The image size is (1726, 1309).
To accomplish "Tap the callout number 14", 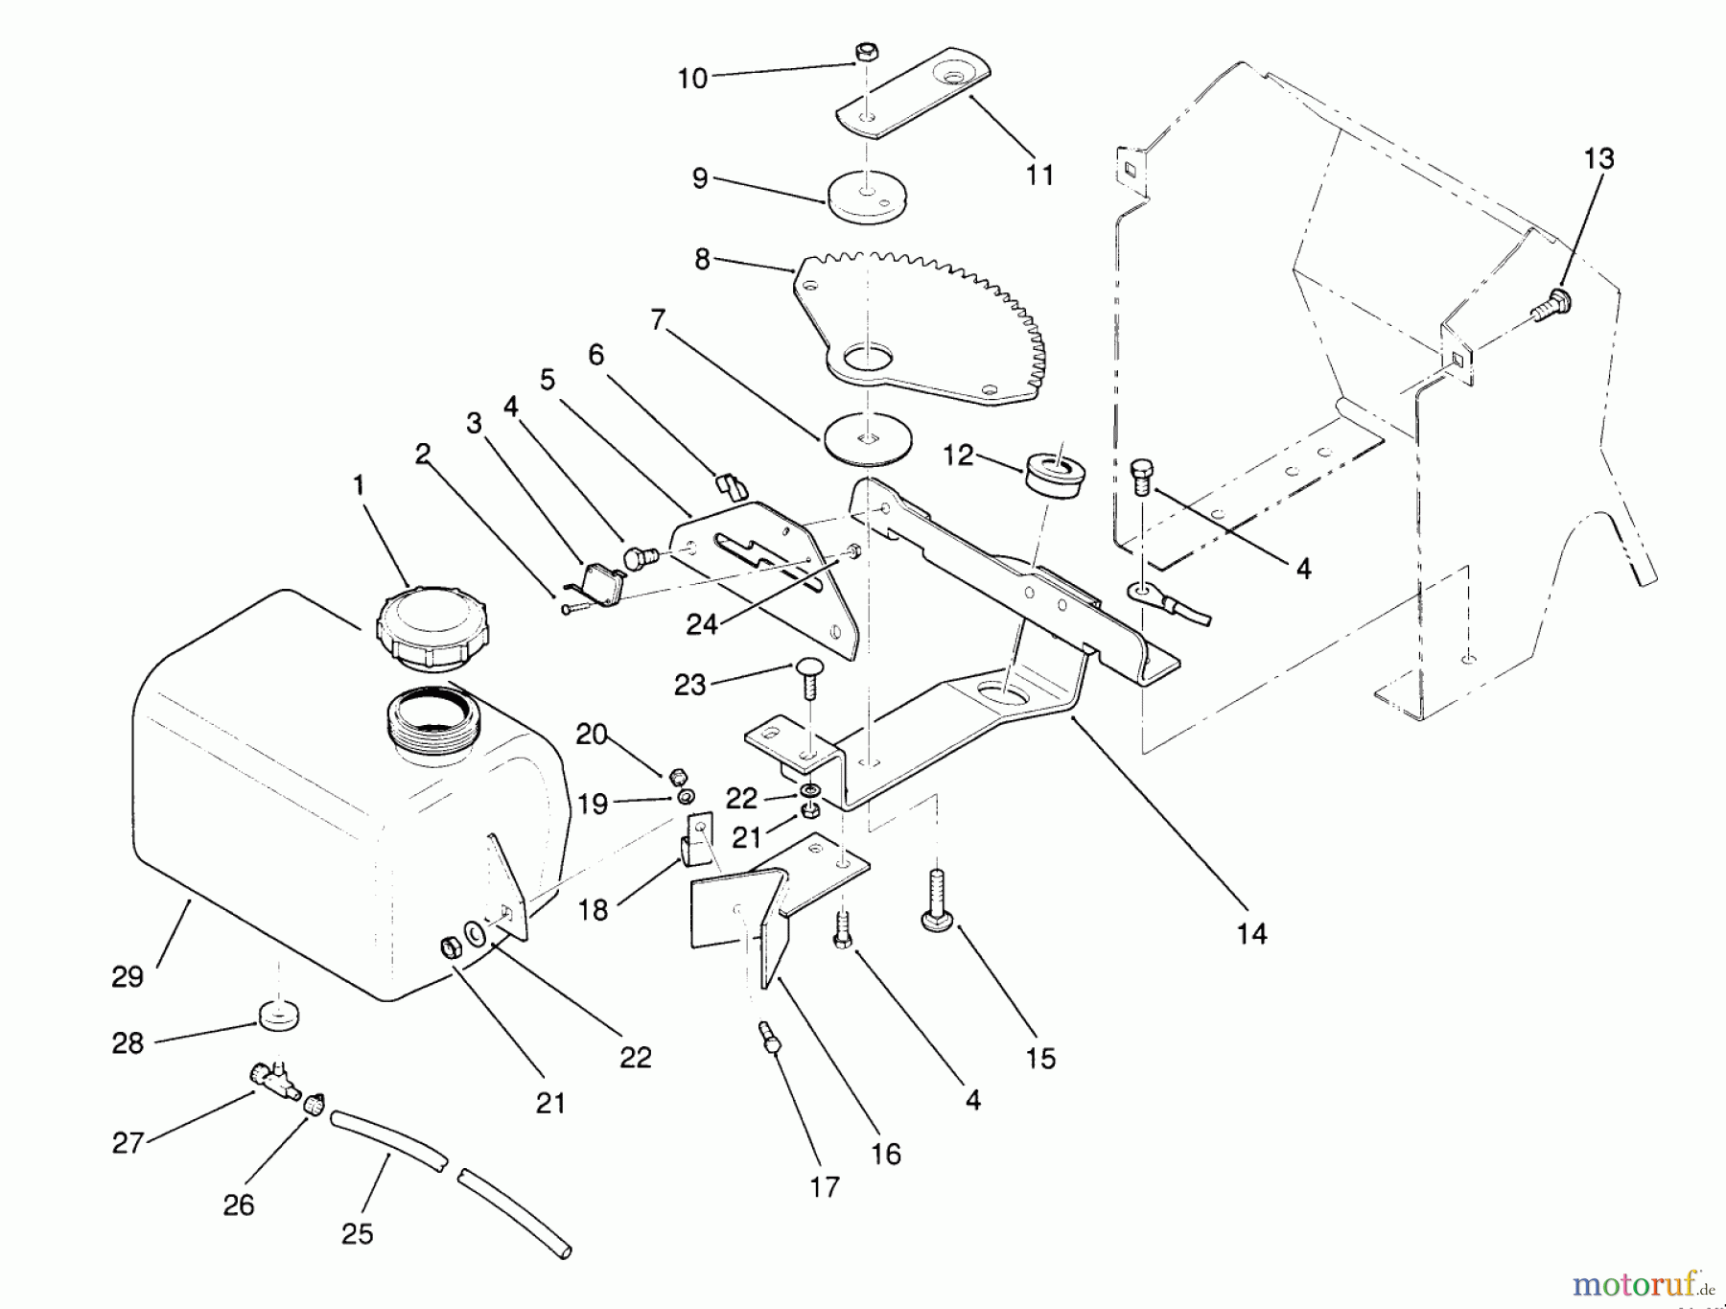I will (x=1251, y=933).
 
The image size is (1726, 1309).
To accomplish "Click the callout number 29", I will (x=127, y=976).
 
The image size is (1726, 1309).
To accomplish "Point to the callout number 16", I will (x=886, y=1154).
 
